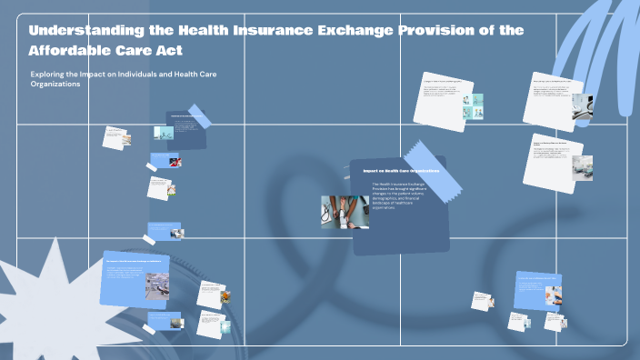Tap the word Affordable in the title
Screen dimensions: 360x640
(x=73, y=49)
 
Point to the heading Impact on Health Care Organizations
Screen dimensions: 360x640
(x=401, y=170)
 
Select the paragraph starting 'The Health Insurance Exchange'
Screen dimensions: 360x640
(x=398, y=196)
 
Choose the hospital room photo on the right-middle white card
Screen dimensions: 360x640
(x=581, y=165)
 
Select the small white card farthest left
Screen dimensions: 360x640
(x=115, y=137)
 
